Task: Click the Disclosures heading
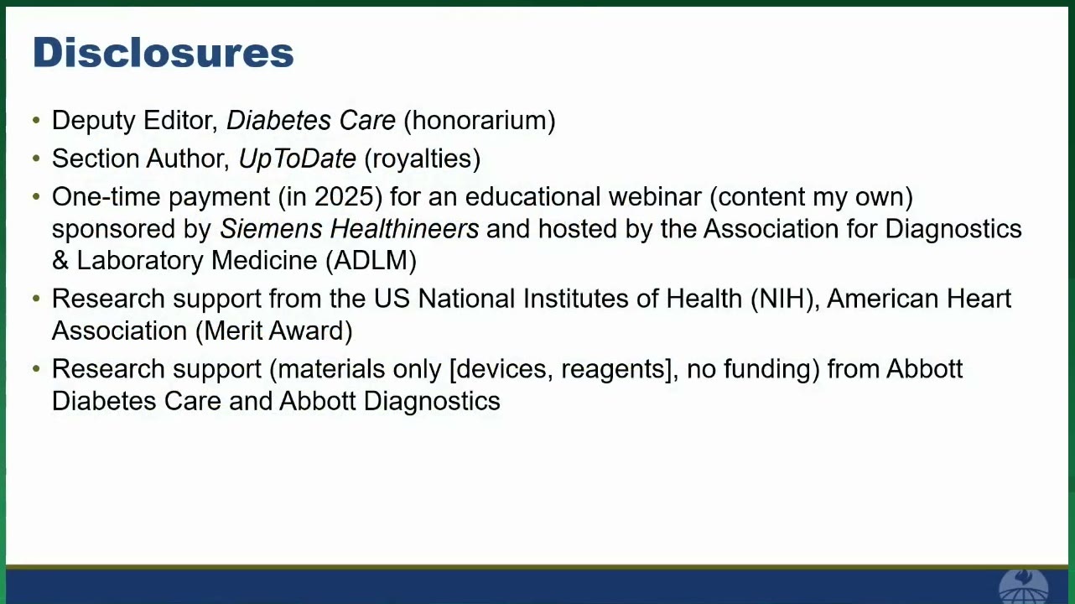pos(164,52)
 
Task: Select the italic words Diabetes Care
pos(311,120)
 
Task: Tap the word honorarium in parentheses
pos(480,120)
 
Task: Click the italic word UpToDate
pos(298,159)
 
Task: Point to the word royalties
pos(423,159)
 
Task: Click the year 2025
pos(344,196)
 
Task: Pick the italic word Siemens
pos(271,228)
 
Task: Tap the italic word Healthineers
pos(404,228)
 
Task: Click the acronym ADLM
pos(371,261)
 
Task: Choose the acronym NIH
pos(782,299)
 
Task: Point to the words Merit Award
pos(274,331)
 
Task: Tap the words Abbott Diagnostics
pos(390,401)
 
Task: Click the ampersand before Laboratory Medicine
pos(60,261)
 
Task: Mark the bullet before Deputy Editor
pos(36,120)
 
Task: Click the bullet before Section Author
pos(36,159)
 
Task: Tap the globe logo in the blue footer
pos(1023,586)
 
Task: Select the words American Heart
pos(919,299)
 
